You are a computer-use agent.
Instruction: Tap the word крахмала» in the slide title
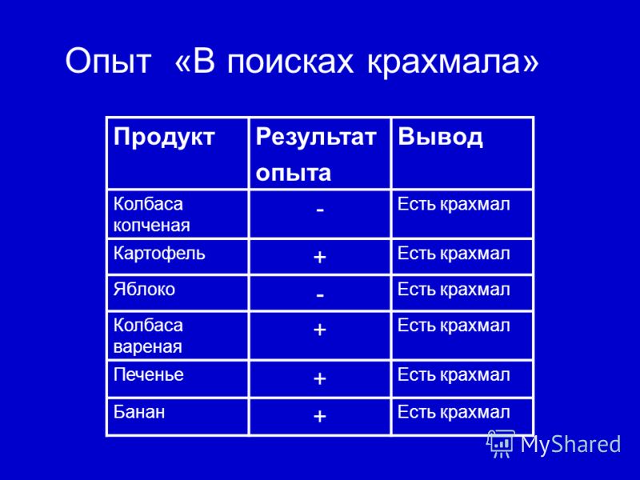[453, 62]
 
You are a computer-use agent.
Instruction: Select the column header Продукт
[164, 138]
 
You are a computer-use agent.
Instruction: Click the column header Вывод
[440, 136]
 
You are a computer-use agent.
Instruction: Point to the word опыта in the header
[293, 173]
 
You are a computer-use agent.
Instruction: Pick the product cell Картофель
[159, 254]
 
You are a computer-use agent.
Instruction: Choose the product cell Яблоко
[144, 289]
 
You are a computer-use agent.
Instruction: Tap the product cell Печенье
[149, 374]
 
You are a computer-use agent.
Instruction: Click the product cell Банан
[139, 411]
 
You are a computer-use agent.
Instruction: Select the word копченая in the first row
[151, 226]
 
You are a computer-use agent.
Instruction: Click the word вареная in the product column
[147, 347]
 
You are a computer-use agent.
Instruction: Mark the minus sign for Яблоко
[320, 294]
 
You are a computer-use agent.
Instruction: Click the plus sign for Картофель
[319, 257]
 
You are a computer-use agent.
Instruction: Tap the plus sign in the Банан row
[319, 416]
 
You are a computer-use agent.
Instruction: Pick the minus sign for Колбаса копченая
[320, 210]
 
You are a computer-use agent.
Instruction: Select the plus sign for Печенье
[319, 378]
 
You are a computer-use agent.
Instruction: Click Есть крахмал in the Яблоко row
[454, 290]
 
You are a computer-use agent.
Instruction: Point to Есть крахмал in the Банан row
[454, 412]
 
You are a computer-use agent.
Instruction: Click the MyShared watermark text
[570, 444]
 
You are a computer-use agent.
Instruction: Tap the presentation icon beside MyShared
[501, 444]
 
